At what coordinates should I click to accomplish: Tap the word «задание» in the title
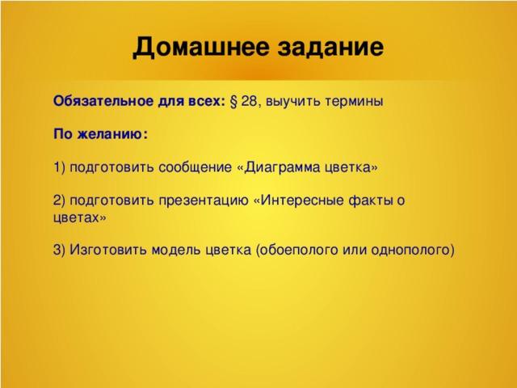click(330, 47)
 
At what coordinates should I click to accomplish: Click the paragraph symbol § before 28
click(233, 101)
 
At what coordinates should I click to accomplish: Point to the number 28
click(249, 101)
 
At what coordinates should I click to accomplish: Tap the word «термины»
click(354, 101)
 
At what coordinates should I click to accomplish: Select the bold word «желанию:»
click(113, 134)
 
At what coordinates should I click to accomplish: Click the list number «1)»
click(59, 167)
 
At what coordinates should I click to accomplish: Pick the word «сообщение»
click(195, 167)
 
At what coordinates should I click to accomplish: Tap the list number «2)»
click(59, 200)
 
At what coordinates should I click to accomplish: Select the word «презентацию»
click(204, 200)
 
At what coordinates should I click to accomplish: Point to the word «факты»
click(370, 200)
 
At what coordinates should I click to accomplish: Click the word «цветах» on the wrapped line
click(76, 217)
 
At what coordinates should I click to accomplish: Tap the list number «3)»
click(59, 250)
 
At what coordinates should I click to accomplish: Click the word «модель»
click(176, 250)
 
